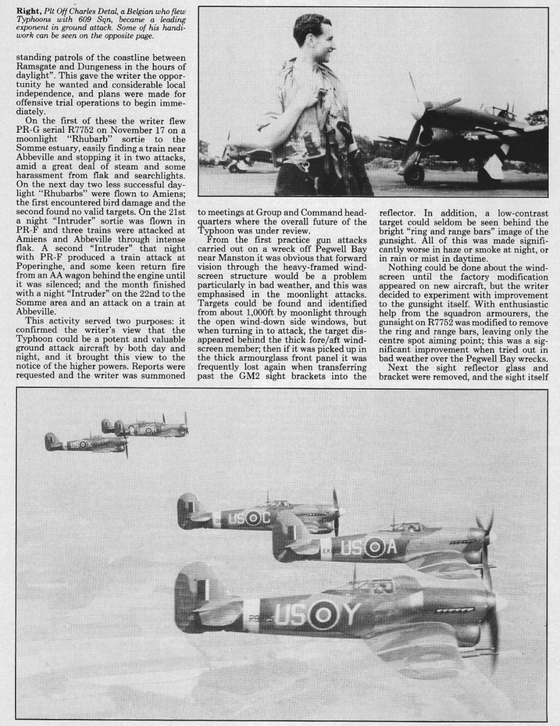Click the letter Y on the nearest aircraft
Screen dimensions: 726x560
tap(349, 615)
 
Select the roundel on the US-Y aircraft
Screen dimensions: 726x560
tap(322, 615)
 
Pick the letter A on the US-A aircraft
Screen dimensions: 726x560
tap(390, 547)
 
